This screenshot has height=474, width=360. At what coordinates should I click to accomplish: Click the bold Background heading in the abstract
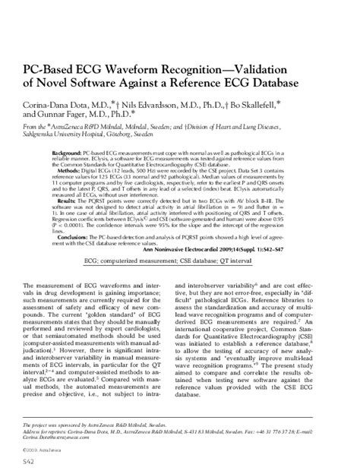(x=69, y=154)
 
